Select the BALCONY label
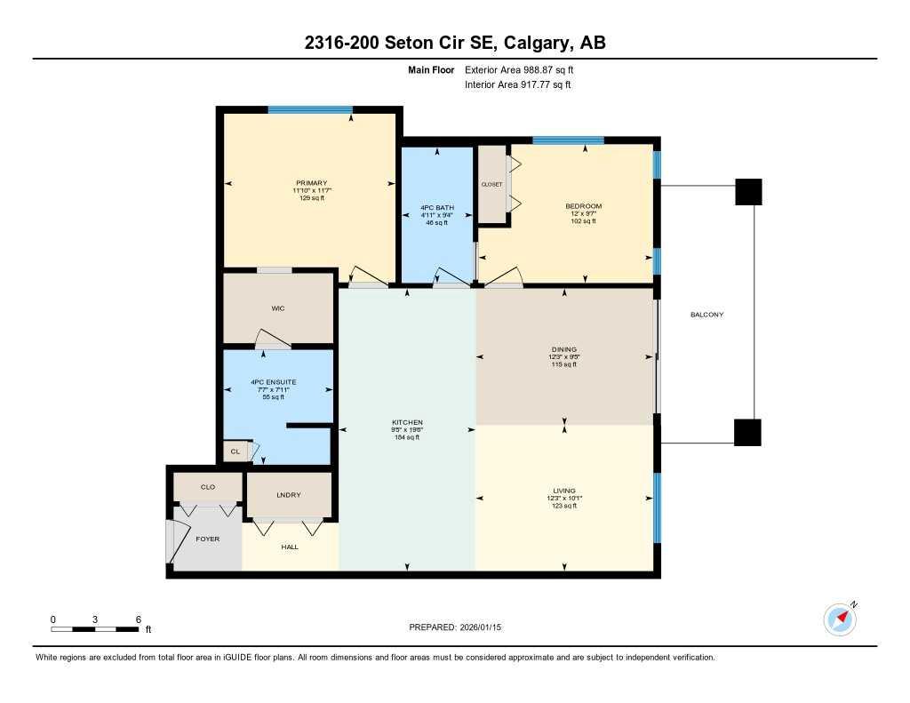tap(706, 315)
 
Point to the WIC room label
tap(277, 308)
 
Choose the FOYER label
tap(207, 539)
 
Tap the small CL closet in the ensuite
tap(235, 451)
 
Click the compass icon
tap(840, 619)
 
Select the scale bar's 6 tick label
tap(138, 619)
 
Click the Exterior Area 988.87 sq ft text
tap(525, 69)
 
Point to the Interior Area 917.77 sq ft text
tap(517, 85)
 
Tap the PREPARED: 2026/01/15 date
tap(460, 627)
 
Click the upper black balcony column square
tap(749, 192)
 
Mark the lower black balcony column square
tap(748, 432)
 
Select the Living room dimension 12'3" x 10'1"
tap(564, 499)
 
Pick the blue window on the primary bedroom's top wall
tap(309, 109)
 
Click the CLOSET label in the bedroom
tap(491, 185)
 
